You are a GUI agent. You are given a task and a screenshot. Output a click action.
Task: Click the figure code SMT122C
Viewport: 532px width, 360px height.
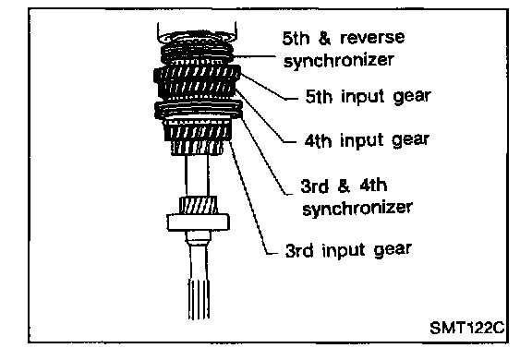[466, 328]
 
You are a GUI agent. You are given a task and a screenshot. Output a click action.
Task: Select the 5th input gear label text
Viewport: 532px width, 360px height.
[369, 96]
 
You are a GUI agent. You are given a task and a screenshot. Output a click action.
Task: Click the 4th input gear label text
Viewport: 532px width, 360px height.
[367, 140]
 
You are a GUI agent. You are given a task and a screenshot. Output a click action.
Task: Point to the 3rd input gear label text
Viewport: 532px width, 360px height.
[348, 250]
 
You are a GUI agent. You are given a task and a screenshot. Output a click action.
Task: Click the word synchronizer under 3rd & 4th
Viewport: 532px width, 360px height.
[357, 208]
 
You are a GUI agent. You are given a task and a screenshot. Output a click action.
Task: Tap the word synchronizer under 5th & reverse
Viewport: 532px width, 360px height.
[339, 60]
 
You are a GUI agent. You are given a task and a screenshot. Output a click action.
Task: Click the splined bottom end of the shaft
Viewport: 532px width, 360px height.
[199, 299]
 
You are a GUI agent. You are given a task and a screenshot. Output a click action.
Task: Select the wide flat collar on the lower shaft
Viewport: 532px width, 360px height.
[199, 222]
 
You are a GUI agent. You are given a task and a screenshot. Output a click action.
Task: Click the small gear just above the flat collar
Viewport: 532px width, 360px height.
[199, 205]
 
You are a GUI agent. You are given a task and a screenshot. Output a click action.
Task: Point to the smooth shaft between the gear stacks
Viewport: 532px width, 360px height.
[197, 175]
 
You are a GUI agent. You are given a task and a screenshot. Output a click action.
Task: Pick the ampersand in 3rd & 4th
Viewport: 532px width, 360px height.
[344, 186]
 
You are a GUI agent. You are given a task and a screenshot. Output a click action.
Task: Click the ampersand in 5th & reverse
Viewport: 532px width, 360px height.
[324, 38]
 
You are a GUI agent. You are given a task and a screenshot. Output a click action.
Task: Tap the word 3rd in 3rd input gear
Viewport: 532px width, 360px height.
[299, 251]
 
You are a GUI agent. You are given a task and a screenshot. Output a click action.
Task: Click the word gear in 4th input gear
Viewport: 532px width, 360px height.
[410, 140]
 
